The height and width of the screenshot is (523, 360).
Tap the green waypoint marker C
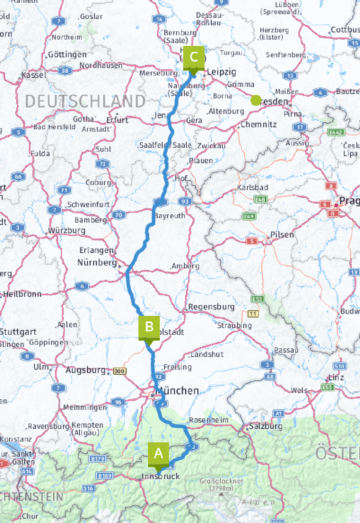click(x=194, y=57)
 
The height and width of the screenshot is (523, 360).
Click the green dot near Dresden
click(x=256, y=100)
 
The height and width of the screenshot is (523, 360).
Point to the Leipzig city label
click(x=222, y=72)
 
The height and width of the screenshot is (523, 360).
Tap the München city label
click(x=177, y=391)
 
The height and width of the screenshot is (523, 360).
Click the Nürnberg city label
click(x=97, y=262)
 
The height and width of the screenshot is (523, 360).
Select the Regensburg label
click(x=211, y=307)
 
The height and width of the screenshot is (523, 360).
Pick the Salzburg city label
click(x=266, y=426)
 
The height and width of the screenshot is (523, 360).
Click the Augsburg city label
click(x=86, y=370)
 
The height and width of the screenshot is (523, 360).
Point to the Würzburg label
click(x=67, y=230)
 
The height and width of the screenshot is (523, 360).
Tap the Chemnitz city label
click(x=259, y=125)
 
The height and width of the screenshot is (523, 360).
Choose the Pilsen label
click(x=282, y=234)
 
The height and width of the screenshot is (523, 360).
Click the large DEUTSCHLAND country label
click(x=85, y=102)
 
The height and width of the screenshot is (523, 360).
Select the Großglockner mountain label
click(x=222, y=481)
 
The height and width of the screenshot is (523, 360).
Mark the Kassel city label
click(x=34, y=75)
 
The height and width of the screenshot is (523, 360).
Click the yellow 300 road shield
click(x=119, y=371)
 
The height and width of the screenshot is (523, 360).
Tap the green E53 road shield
click(x=258, y=299)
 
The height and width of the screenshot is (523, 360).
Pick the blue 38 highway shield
click(x=65, y=71)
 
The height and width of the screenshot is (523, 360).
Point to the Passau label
click(x=286, y=350)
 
